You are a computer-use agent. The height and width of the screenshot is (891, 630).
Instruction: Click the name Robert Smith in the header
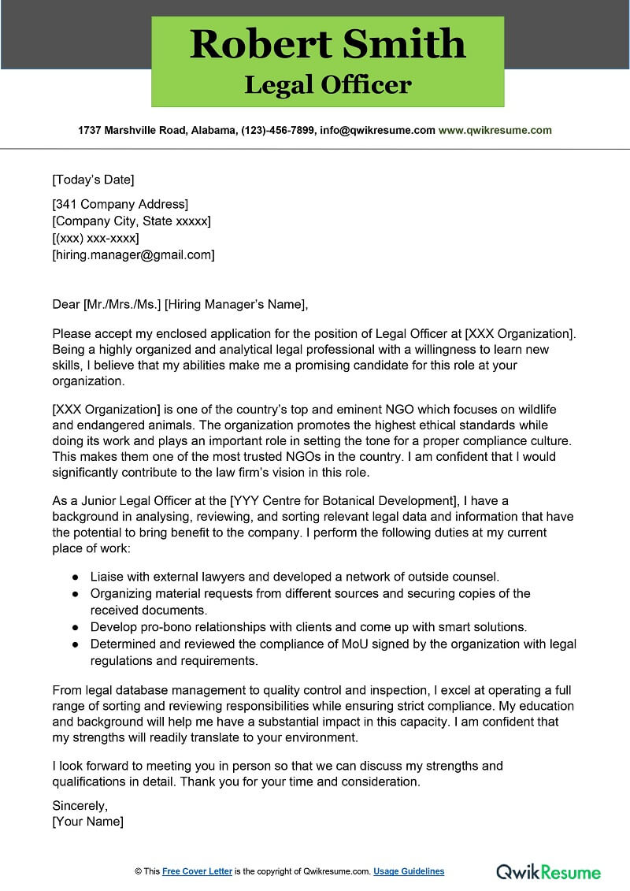328,44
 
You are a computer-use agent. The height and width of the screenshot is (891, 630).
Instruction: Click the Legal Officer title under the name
328,84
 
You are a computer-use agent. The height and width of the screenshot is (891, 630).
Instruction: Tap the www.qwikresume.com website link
495,131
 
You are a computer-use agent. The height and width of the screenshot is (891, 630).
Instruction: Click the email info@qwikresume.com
377,131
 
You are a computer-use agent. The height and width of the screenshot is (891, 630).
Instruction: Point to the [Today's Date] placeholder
93,179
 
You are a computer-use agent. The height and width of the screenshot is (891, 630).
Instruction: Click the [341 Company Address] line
120,205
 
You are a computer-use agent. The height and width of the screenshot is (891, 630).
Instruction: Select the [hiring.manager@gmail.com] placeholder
133,254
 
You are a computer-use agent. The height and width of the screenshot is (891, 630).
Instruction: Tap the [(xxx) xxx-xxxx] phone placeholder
95,238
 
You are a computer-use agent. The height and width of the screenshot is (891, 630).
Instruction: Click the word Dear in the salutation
66,304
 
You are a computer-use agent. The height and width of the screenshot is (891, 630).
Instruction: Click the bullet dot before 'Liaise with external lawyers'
75,577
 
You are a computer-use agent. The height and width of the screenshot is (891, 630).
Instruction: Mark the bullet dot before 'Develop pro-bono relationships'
75,627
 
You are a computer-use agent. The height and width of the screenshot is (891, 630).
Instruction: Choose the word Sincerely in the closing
80,805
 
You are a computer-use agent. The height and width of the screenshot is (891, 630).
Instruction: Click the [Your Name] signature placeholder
87,822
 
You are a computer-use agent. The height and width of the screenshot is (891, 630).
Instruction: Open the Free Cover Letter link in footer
197,871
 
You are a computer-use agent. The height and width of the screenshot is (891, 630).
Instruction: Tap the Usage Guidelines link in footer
409,871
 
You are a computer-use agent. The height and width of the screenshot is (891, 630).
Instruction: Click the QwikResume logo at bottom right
548,871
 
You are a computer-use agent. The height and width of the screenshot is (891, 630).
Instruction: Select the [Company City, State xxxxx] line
131,221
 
